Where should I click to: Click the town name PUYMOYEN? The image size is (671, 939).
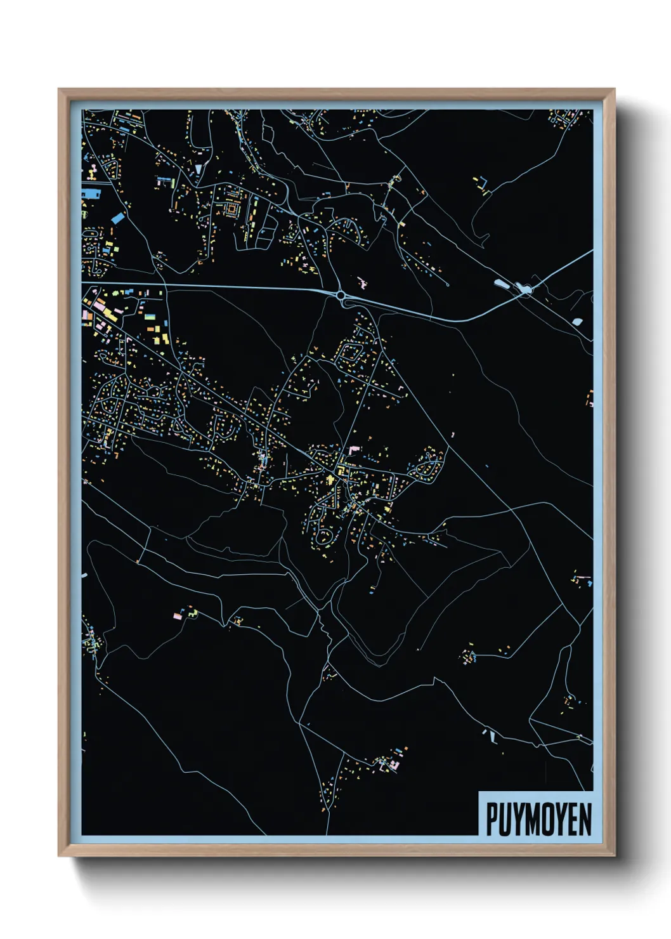pyautogui.click(x=538, y=819)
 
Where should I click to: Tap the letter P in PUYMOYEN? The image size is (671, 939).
pyautogui.click(x=492, y=819)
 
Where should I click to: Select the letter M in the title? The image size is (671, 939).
pyautogui.click(x=531, y=819)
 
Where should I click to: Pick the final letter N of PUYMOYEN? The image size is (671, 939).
pyautogui.click(x=585, y=819)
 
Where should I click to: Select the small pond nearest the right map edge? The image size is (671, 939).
pyautogui.click(x=577, y=322)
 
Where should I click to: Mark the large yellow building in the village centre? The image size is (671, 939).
pyautogui.click(x=330, y=480)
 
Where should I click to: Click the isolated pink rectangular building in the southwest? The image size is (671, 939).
pyautogui.click(x=177, y=615)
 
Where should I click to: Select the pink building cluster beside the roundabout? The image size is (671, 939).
pyautogui.click(x=363, y=282)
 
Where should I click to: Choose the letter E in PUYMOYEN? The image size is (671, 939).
pyautogui.click(x=573, y=819)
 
